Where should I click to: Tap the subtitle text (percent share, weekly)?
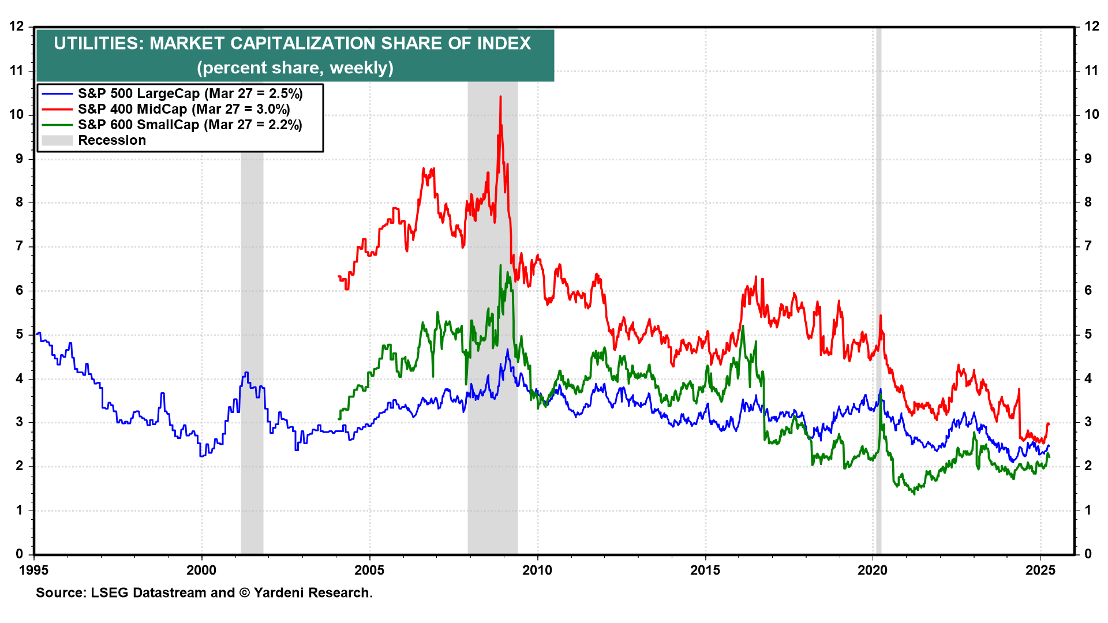click(295, 68)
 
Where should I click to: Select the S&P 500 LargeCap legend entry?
click(190, 93)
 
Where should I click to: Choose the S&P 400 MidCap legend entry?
click(184, 109)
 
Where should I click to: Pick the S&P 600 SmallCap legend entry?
click(190, 125)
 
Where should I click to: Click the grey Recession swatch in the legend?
click(57, 140)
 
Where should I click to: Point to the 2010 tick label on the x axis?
click(537, 571)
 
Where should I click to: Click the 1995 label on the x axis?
click(34, 571)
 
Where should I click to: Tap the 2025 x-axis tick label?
click(1040, 571)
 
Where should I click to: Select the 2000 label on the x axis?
click(201, 571)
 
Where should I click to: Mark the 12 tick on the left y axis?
click(17, 27)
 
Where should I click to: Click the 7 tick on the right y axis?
click(1088, 246)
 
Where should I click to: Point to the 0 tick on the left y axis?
click(20, 554)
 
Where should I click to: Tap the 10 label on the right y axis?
click(1092, 114)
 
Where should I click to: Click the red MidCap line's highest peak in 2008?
click(500, 97)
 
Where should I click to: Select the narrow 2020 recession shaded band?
click(878, 288)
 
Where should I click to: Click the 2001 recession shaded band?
click(252, 346)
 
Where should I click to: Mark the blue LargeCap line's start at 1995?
click(36, 334)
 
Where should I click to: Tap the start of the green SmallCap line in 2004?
click(339, 419)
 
